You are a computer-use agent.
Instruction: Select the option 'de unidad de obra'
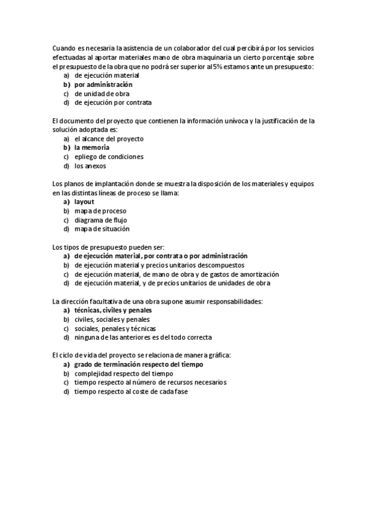(x=101, y=94)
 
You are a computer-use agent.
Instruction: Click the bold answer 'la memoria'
(x=92, y=147)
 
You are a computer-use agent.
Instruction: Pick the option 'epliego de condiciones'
(x=109, y=157)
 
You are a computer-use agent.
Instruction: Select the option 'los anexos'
(x=90, y=166)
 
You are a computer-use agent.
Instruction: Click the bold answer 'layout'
(x=84, y=202)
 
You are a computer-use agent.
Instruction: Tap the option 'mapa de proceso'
(x=100, y=211)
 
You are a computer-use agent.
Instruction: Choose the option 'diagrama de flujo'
(x=100, y=220)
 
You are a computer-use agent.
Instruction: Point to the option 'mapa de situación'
(x=102, y=229)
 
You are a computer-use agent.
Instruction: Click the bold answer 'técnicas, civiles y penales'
(x=113, y=310)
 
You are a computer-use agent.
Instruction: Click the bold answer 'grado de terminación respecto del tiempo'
(x=139, y=364)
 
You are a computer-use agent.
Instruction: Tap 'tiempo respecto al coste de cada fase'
(x=131, y=391)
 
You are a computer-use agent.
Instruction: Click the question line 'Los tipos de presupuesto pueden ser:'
(x=109, y=247)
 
